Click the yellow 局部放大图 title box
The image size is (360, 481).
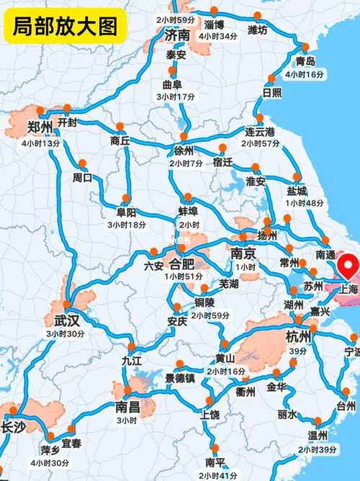[x=65, y=27]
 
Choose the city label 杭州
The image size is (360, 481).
[x=297, y=336]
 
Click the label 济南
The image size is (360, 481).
[x=177, y=35]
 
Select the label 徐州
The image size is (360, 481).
[x=184, y=150]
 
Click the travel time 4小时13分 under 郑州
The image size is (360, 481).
[x=41, y=143]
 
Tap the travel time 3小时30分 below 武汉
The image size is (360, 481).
[x=66, y=334]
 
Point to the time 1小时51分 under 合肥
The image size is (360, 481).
[x=183, y=277]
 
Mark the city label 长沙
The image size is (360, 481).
[x=13, y=427]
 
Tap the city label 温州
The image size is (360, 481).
[x=318, y=436]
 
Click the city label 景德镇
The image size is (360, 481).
[x=179, y=378]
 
